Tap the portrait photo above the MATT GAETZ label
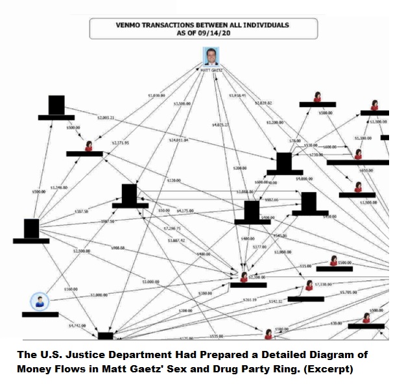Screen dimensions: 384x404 point(211,56)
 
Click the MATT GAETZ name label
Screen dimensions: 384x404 point(211,69)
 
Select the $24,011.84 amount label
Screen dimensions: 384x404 point(178,139)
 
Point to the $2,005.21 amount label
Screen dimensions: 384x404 point(106,117)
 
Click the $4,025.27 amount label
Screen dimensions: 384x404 point(220,124)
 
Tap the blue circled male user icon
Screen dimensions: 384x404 point(39,302)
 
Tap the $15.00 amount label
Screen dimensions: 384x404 point(305,266)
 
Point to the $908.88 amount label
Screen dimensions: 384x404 point(117,247)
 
